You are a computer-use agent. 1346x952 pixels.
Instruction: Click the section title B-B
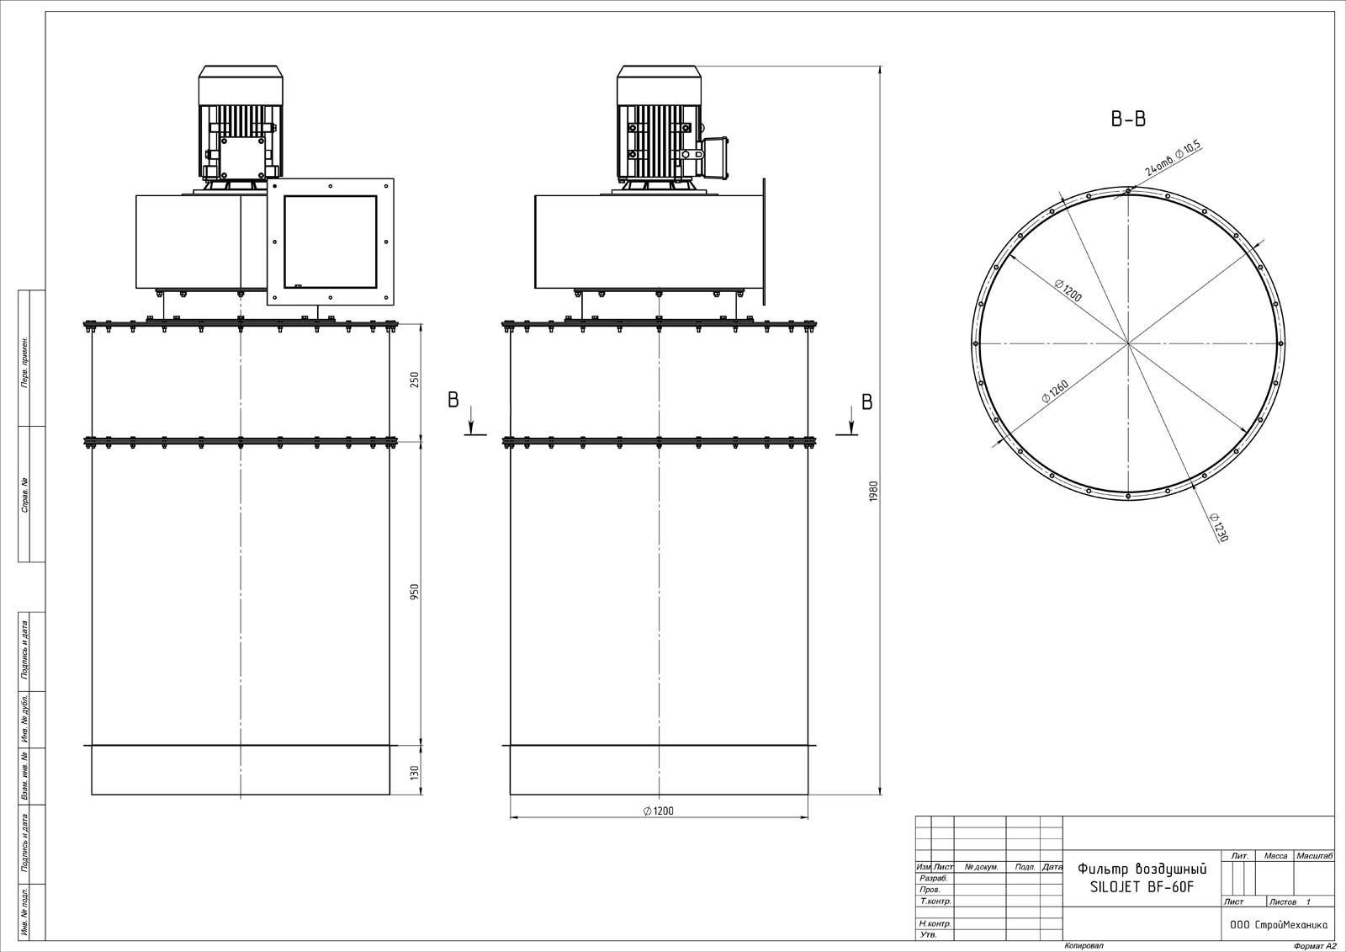click(x=1128, y=119)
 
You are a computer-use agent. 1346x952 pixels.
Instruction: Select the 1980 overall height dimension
click(x=874, y=491)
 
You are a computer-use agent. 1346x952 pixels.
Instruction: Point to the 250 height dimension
click(x=415, y=380)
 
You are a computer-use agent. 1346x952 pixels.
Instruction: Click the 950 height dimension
click(x=415, y=592)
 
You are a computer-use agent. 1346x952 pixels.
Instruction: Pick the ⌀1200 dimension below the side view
click(x=659, y=811)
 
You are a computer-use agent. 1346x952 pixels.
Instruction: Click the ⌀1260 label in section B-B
click(x=1055, y=391)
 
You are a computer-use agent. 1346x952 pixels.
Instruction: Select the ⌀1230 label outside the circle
click(x=1218, y=527)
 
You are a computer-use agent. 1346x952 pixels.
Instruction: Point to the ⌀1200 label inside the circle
click(x=1068, y=290)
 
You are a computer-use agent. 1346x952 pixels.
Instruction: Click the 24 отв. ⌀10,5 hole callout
click(x=1173, y=157)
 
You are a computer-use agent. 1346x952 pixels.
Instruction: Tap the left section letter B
click(x=453, y=400)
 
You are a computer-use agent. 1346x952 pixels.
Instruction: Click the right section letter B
click(x=867, y=402)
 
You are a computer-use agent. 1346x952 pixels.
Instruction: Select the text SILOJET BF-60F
click(x=1142, y=887)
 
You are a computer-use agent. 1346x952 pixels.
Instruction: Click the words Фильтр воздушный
click(x=1142, y=869)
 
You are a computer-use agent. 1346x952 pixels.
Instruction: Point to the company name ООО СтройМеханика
click(x=1278, y=925)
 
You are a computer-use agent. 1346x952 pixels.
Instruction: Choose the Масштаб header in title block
click(x=1314, y=856)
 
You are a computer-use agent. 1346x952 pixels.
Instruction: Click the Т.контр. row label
click(x=935, y=901)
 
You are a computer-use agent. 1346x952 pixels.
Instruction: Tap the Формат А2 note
click(x=1315, y=946)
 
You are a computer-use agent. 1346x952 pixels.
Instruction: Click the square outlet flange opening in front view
click(x=331, y=242)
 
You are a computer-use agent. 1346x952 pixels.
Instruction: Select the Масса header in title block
click(x=1275, y=856)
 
